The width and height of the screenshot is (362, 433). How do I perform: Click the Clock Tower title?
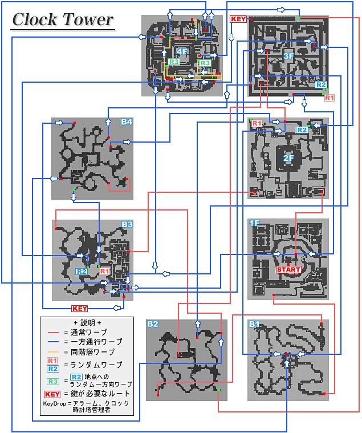[63, 19]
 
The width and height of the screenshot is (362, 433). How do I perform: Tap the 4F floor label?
[182, 52]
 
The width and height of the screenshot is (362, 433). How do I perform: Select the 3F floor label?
[288, 56]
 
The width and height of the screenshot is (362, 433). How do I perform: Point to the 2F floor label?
[288, 158]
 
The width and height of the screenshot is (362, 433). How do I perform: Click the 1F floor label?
[254, 223]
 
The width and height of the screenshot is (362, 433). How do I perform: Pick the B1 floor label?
[254, 324]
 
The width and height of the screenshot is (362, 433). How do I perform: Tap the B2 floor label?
[153, 324]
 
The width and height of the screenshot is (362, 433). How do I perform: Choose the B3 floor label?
[127, 224]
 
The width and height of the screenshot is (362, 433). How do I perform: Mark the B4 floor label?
[127, 122]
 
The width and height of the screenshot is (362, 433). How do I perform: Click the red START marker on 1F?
[288, 269]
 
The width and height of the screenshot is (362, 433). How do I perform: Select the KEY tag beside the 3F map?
[238, 19]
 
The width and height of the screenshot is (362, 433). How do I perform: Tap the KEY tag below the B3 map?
[79, 309]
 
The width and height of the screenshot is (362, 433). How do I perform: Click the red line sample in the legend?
[53, 333]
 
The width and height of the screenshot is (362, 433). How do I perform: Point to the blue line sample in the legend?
[53, 342]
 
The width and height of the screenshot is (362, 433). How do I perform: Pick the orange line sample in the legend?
[53, 352]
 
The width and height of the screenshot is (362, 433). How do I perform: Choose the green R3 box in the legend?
[53, 382]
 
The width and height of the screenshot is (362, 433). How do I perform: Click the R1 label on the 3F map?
[329, 98]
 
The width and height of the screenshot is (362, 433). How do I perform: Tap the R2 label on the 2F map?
[302, 130]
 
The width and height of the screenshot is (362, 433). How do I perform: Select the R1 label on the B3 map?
[104, 271]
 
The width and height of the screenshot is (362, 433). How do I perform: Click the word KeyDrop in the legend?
[54, 404]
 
